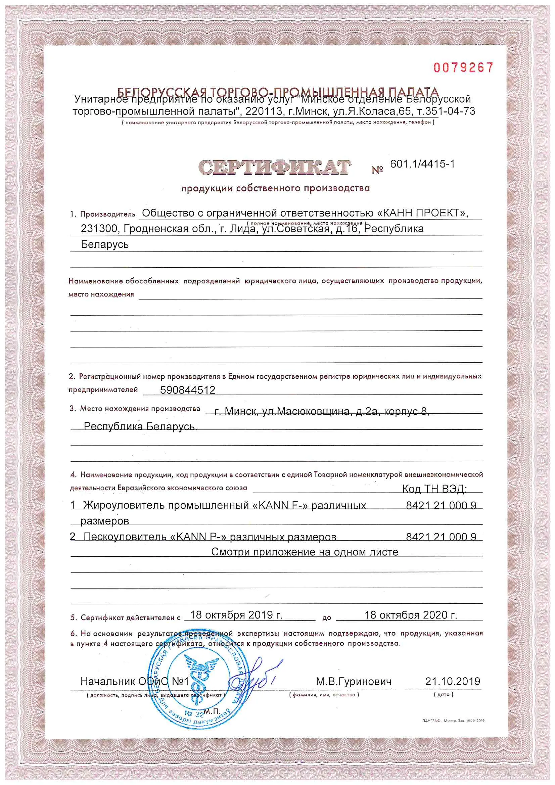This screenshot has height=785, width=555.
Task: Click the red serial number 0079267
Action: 463,68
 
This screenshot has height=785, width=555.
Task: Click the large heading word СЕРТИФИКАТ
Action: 274,168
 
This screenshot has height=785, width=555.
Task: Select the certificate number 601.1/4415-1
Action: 422,164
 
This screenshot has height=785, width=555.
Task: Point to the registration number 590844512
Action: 188,390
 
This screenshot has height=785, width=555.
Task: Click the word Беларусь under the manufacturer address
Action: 105,244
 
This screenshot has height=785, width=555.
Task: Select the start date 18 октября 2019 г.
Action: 236,615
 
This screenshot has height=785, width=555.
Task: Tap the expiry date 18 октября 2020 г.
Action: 411,615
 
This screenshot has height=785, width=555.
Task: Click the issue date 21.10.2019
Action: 453,681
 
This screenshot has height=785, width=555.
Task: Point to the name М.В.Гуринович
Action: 354,681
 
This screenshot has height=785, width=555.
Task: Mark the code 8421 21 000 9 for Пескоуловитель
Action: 441,537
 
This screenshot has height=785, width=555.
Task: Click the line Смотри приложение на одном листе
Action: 305,552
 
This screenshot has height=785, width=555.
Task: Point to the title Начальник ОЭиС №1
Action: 135,681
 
